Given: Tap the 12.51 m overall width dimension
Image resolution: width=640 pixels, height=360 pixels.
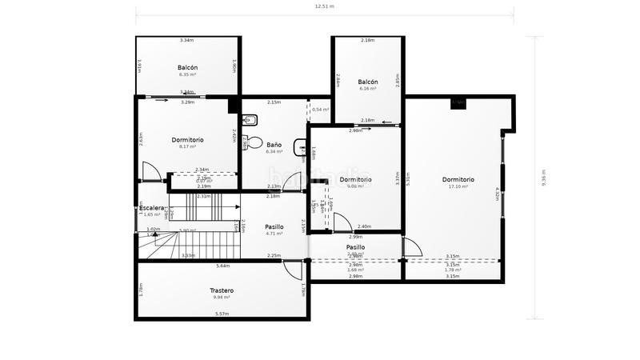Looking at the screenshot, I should (x=324, y=6).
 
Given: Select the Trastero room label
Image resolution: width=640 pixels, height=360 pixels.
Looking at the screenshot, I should (x=222, y=290).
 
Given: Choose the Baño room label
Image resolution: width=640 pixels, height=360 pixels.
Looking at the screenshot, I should (x=274, y=145).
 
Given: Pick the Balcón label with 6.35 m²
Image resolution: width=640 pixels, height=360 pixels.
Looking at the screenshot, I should (x=188, y=68).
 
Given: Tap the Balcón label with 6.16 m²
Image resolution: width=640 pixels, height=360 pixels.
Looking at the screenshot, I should (x=368, y=82).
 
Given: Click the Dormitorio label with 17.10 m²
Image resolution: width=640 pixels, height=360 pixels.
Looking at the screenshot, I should (x=458, y=179).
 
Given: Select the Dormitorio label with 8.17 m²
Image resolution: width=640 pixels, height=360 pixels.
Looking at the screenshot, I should (x=188, y=140).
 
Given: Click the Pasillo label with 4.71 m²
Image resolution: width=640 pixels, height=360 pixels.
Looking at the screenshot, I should (x=274, y=227).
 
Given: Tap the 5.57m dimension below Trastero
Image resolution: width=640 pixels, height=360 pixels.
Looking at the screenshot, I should (x=222, y=314).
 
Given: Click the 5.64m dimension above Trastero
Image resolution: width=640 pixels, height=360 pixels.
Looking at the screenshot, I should (x=222, y=266).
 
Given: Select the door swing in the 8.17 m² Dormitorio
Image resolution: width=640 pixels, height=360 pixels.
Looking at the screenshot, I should (x=150, y=171).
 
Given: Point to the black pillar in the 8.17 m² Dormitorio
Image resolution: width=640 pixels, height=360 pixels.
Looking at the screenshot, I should (x=234, y=106).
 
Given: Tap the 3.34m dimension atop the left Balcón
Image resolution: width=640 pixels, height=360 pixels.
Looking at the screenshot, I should (x=187, y=40).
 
